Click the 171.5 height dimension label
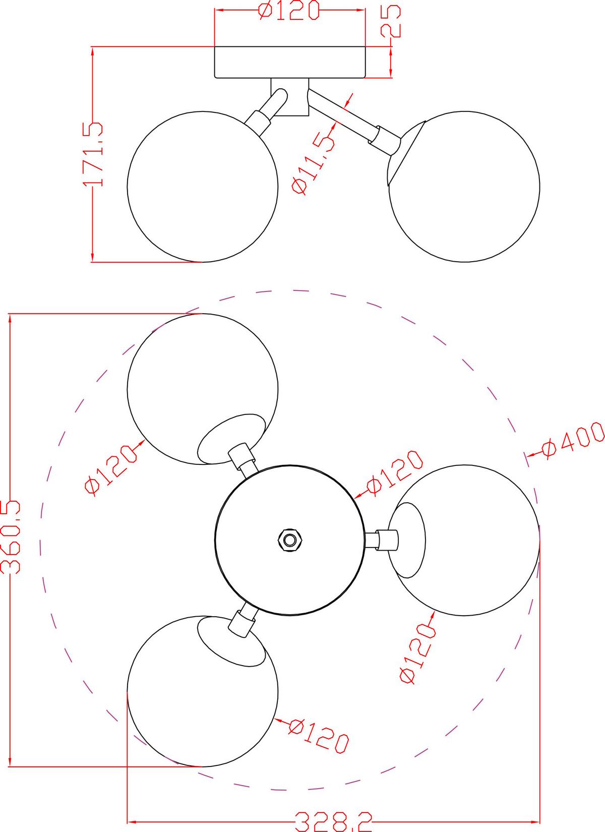[x=92, y=154]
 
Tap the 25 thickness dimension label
[x=391, y=21]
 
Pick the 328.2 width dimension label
[x=333, y=822]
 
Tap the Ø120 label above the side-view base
[x=289, y=11]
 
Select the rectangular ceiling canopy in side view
[x=290, y=62]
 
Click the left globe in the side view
[x=202, y=187]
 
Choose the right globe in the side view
[x=464, y=187]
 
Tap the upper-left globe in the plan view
[x=202, y=389]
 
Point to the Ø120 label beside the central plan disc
[x=394, y=473]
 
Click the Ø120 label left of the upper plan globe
[x=111, y=469]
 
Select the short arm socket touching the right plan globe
[x=388, y=540]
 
